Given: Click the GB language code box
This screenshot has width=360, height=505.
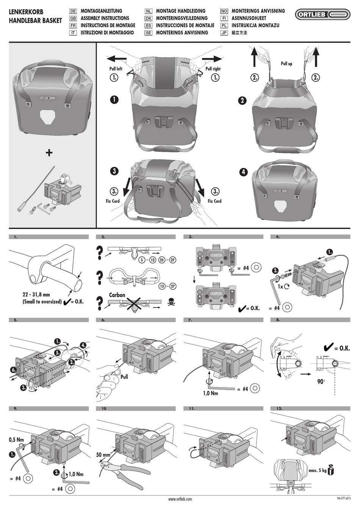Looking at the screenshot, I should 73,18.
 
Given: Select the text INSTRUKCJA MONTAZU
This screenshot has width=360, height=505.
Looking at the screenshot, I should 255,25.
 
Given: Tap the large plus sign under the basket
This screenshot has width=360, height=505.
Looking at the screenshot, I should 49,152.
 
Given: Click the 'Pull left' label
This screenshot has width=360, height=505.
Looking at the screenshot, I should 116,69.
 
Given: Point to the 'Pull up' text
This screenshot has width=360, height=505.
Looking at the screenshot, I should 286,64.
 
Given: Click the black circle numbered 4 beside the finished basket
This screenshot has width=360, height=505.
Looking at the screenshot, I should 243,172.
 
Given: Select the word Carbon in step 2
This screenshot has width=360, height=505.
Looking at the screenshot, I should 117,295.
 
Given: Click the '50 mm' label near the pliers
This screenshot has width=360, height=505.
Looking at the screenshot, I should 103,455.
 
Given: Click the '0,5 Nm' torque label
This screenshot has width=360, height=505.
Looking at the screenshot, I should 16,440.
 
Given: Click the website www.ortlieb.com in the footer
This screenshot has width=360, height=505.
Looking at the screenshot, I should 180,499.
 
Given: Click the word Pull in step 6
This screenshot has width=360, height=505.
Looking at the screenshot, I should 124,377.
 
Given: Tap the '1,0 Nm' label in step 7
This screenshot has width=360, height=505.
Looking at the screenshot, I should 210,393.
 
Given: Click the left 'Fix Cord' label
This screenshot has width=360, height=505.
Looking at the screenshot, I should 113,201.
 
